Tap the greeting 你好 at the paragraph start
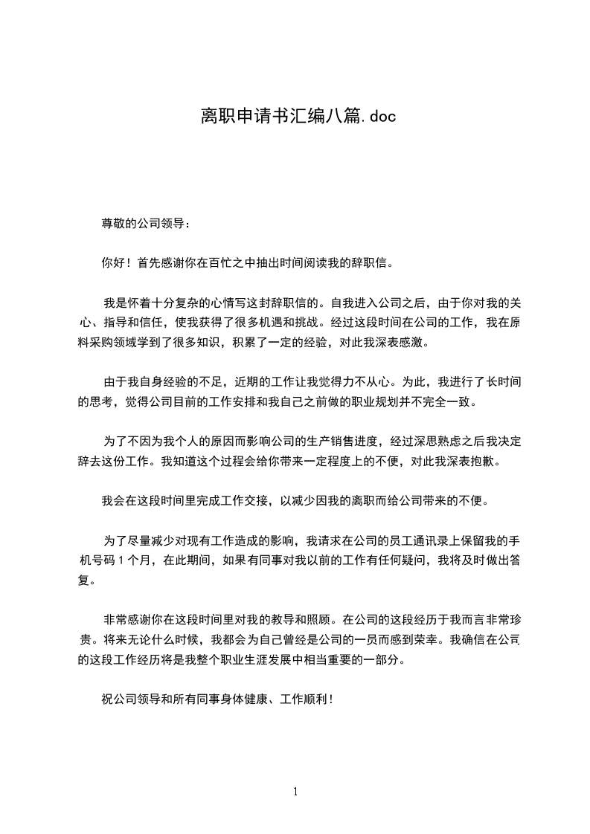click(113, 262)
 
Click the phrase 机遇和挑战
click(288, 323)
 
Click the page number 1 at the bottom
click(295, 792)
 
